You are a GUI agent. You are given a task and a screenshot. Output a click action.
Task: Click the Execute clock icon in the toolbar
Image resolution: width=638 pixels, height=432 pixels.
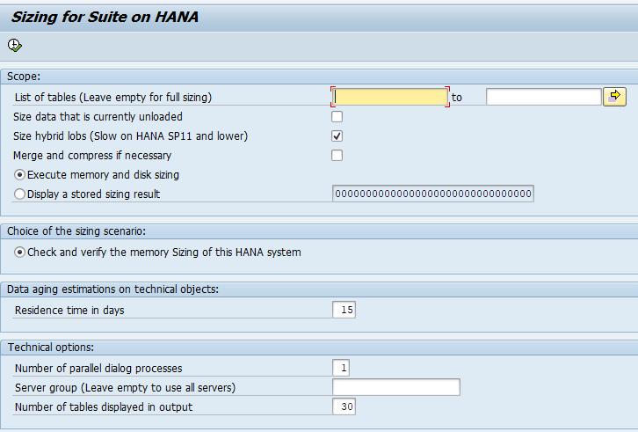click(14, 45)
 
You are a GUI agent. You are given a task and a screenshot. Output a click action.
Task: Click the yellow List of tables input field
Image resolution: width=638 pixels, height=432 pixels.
click(391, 97)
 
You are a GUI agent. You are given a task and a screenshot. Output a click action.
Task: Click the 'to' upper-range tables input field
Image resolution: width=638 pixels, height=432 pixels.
click(543, 97)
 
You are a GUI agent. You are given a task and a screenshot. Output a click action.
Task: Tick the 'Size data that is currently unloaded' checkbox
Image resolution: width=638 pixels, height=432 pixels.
click(337, 116)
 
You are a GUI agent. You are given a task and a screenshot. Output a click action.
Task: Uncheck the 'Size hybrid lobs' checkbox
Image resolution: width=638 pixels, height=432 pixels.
click(337, 135)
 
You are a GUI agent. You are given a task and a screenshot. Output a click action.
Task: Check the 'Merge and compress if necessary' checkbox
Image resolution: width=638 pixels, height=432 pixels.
click(337, 156)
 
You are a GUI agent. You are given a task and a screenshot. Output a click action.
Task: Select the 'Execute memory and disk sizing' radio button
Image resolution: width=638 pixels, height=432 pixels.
click(20, 175)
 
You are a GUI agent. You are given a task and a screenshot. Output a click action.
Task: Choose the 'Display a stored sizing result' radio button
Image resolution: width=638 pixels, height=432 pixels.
click(20, 194)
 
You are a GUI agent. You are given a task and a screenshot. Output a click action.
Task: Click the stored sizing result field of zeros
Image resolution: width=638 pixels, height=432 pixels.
click(432, 194)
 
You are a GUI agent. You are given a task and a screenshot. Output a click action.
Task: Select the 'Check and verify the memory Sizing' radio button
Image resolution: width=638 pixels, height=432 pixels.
click(20, 253)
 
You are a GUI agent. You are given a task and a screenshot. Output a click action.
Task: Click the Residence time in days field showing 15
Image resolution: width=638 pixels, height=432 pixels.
click(344, 310)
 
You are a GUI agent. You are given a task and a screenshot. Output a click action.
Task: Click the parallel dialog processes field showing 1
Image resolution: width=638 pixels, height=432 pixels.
click(340, 368)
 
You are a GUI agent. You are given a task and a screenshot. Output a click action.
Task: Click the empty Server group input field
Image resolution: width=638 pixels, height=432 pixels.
click(395, 388)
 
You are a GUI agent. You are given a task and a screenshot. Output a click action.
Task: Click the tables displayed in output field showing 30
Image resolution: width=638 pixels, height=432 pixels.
click(344, 406)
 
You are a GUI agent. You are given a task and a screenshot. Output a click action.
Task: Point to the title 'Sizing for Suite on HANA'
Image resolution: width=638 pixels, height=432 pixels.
click(105, 17)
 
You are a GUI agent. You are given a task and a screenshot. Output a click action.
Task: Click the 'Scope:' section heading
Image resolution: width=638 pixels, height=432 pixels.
click(24, 77)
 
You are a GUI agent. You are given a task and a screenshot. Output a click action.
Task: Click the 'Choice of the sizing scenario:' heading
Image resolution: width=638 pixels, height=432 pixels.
click(76, 231)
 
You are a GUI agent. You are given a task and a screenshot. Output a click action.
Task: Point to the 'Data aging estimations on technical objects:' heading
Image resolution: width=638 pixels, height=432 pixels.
click(112, 289)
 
